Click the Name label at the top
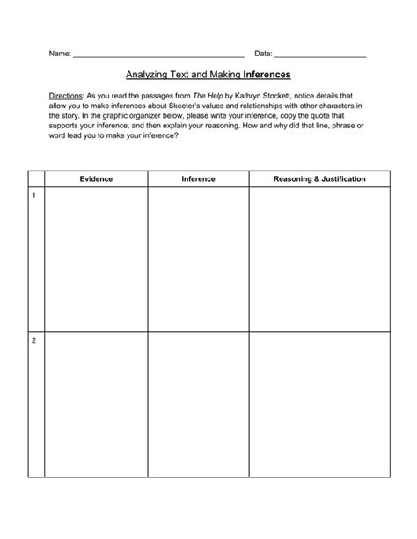coord(58,54)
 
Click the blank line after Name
coord(158,55)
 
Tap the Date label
coord(263,54)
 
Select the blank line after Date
coord(320,55)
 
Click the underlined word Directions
coord(66,93)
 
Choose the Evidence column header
coord(96,178)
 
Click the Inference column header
coord(198,178)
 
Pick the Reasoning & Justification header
coord(319,178)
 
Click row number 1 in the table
coord(33,195)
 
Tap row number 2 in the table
coord(33,340)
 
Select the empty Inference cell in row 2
coord(198,404)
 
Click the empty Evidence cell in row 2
coord(96,404)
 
